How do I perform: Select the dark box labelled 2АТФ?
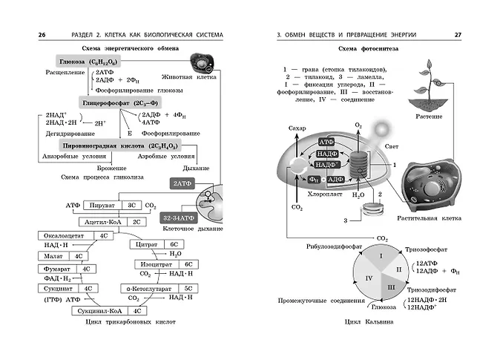coord(182,183)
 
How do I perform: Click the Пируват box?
coord(101,204)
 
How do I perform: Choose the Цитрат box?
coord(145,243)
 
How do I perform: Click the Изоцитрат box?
coord(159,264)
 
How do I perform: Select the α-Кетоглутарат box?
coord(154,289)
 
